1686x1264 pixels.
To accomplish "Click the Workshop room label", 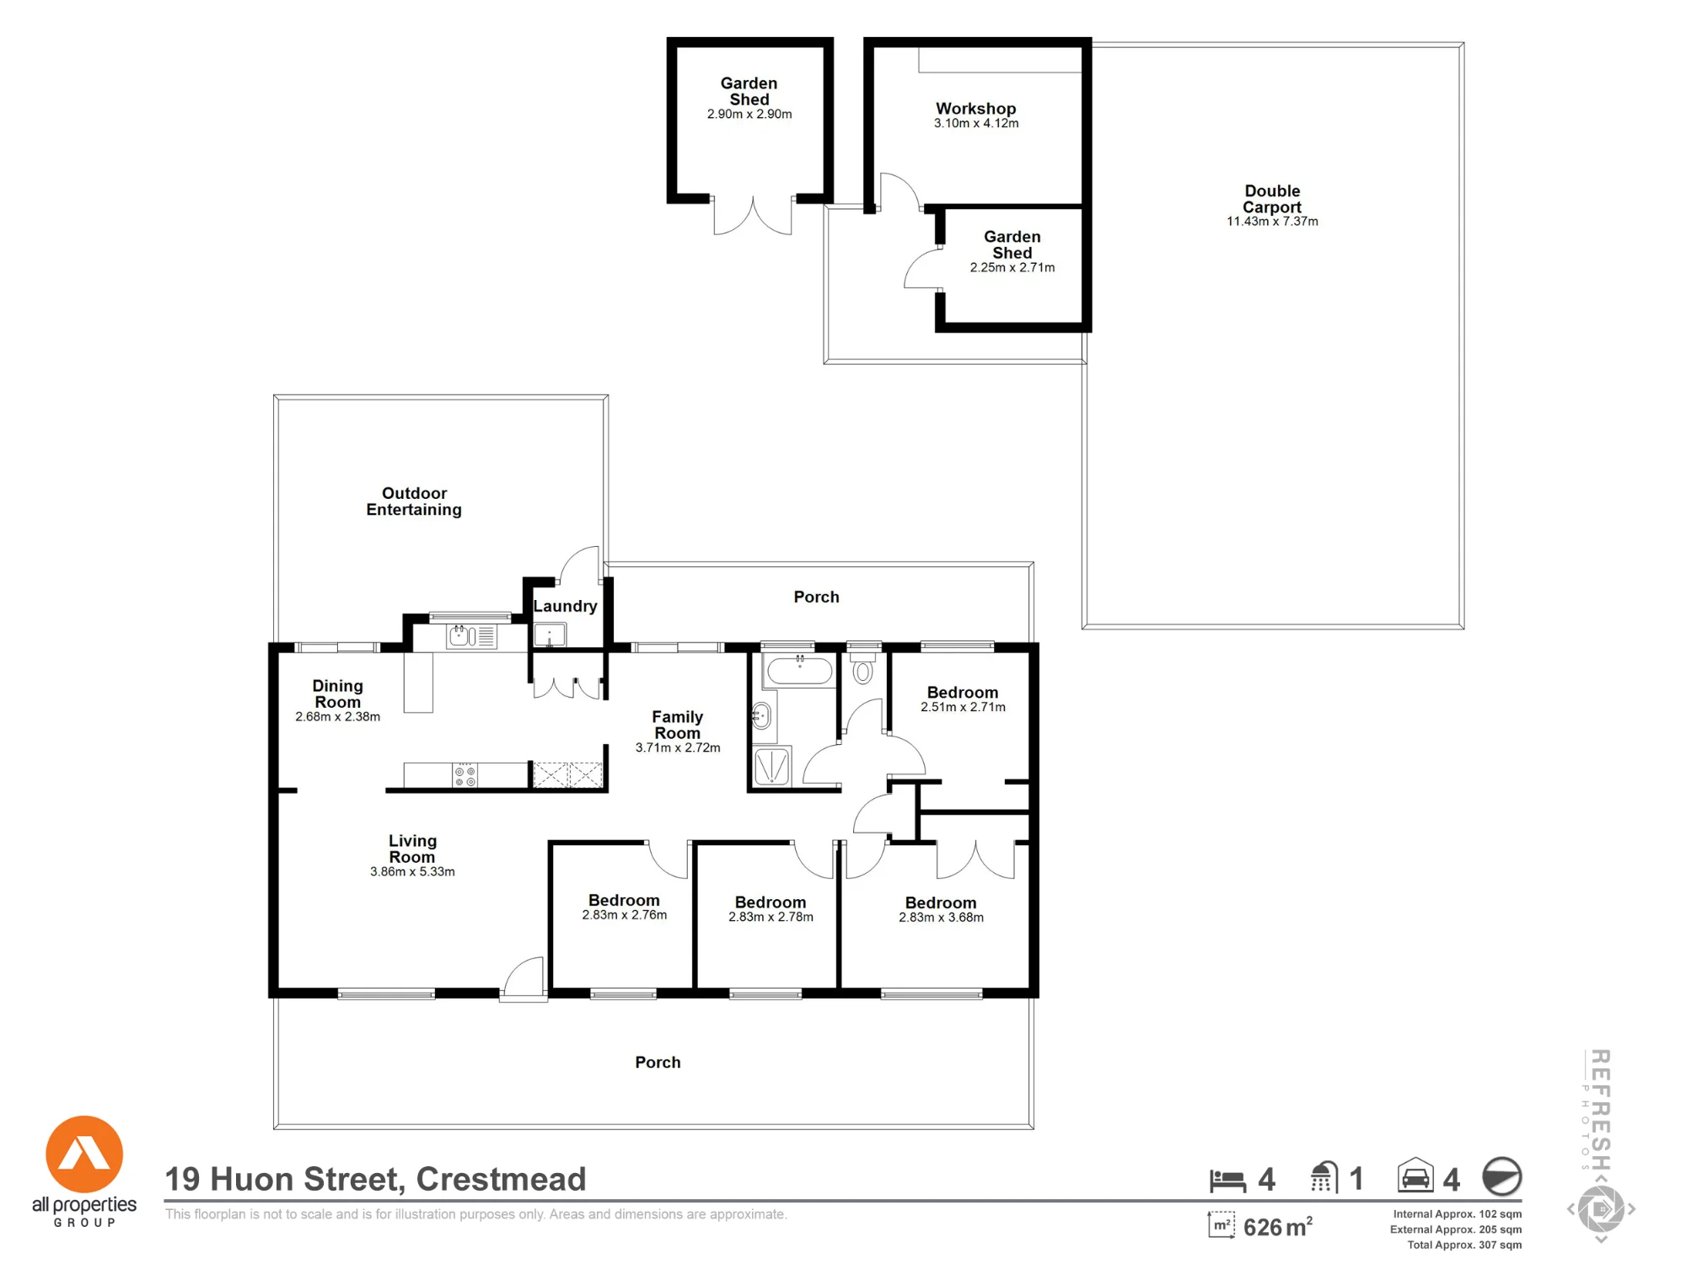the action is pyautogui.click(x=976, y=109).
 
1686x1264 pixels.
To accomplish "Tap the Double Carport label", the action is pyautogui.click(x=1272, y=199).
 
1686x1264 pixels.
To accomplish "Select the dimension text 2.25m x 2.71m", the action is pyautogui.click(x=1012, y=268).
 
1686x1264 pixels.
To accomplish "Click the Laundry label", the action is pyautogui.click(x=565, y=606).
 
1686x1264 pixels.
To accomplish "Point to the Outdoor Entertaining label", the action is pyautogui.click(x=414, y=501).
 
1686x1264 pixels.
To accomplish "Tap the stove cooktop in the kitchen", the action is pyautogui.click(x=465, y=775).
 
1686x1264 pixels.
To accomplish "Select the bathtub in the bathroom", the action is pyautogui.click(x=799, y=671).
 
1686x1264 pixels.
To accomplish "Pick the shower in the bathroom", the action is pyautogui.click(x=772, y=767).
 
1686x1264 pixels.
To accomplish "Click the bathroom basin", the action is pyautogui.click(x=762, y=717).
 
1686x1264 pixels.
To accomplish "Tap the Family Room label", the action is pyautogui.click(x=678, y=725).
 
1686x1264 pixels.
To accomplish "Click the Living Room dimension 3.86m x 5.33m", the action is pyautogui.click(x=412, y=872).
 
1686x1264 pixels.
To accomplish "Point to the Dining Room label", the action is pyautogui.click(x=337, y=694).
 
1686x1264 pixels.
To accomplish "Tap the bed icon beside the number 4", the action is pyautogui.click(x=1227, y=1181).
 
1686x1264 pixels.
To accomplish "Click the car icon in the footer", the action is pyautogui.click(x=1415, y=1175).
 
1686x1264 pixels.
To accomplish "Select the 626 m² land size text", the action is pyautogui.click(x=1277, y=1227).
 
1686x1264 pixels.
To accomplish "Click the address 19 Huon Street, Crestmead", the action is pyautogui.click(x=375, y=1179).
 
